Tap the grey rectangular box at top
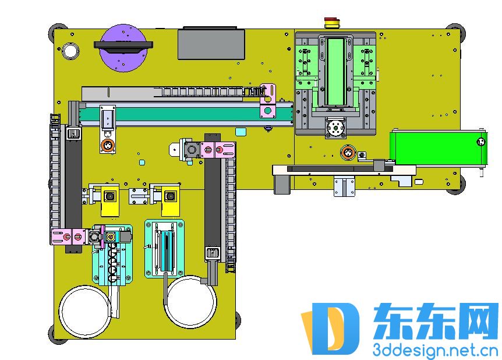(211, 44)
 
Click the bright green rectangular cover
(439, 147)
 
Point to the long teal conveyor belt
(186, 114)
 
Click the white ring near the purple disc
(70, 51)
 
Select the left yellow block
(110, 200)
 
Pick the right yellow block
(170, 200)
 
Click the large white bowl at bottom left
(85, 311)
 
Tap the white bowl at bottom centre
(191, 302)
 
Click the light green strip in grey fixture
(335, 72)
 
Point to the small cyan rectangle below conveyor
(241, 132)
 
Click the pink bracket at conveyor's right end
(268, 101)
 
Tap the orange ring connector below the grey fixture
(348, 153)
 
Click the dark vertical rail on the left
(73, 178)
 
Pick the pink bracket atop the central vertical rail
(218, 150)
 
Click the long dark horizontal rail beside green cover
(340, 169)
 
